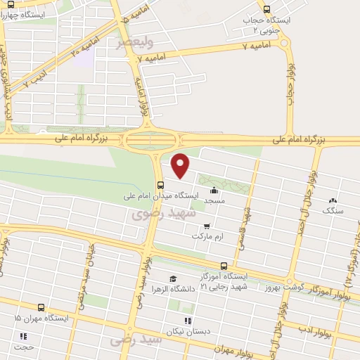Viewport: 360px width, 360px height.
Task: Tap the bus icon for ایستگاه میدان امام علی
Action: click(x=161, y=185)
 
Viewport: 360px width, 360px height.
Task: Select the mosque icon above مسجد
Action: click(x=214, y=190)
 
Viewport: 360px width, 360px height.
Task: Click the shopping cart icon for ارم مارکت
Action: click(x=207, y=226)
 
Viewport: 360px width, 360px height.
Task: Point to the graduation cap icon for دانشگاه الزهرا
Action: click(x=173, y=279)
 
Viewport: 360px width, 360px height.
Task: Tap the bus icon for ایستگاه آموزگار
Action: click(x=224, y=266)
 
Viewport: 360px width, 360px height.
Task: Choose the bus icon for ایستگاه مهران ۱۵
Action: click(x=41, y=308)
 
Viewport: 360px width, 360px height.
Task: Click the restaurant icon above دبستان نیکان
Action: click(x=186, y=320)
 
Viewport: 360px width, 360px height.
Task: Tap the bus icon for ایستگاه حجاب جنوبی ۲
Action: click(x=266, y=9)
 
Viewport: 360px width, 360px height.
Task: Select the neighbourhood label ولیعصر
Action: click(x=132, y=43)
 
